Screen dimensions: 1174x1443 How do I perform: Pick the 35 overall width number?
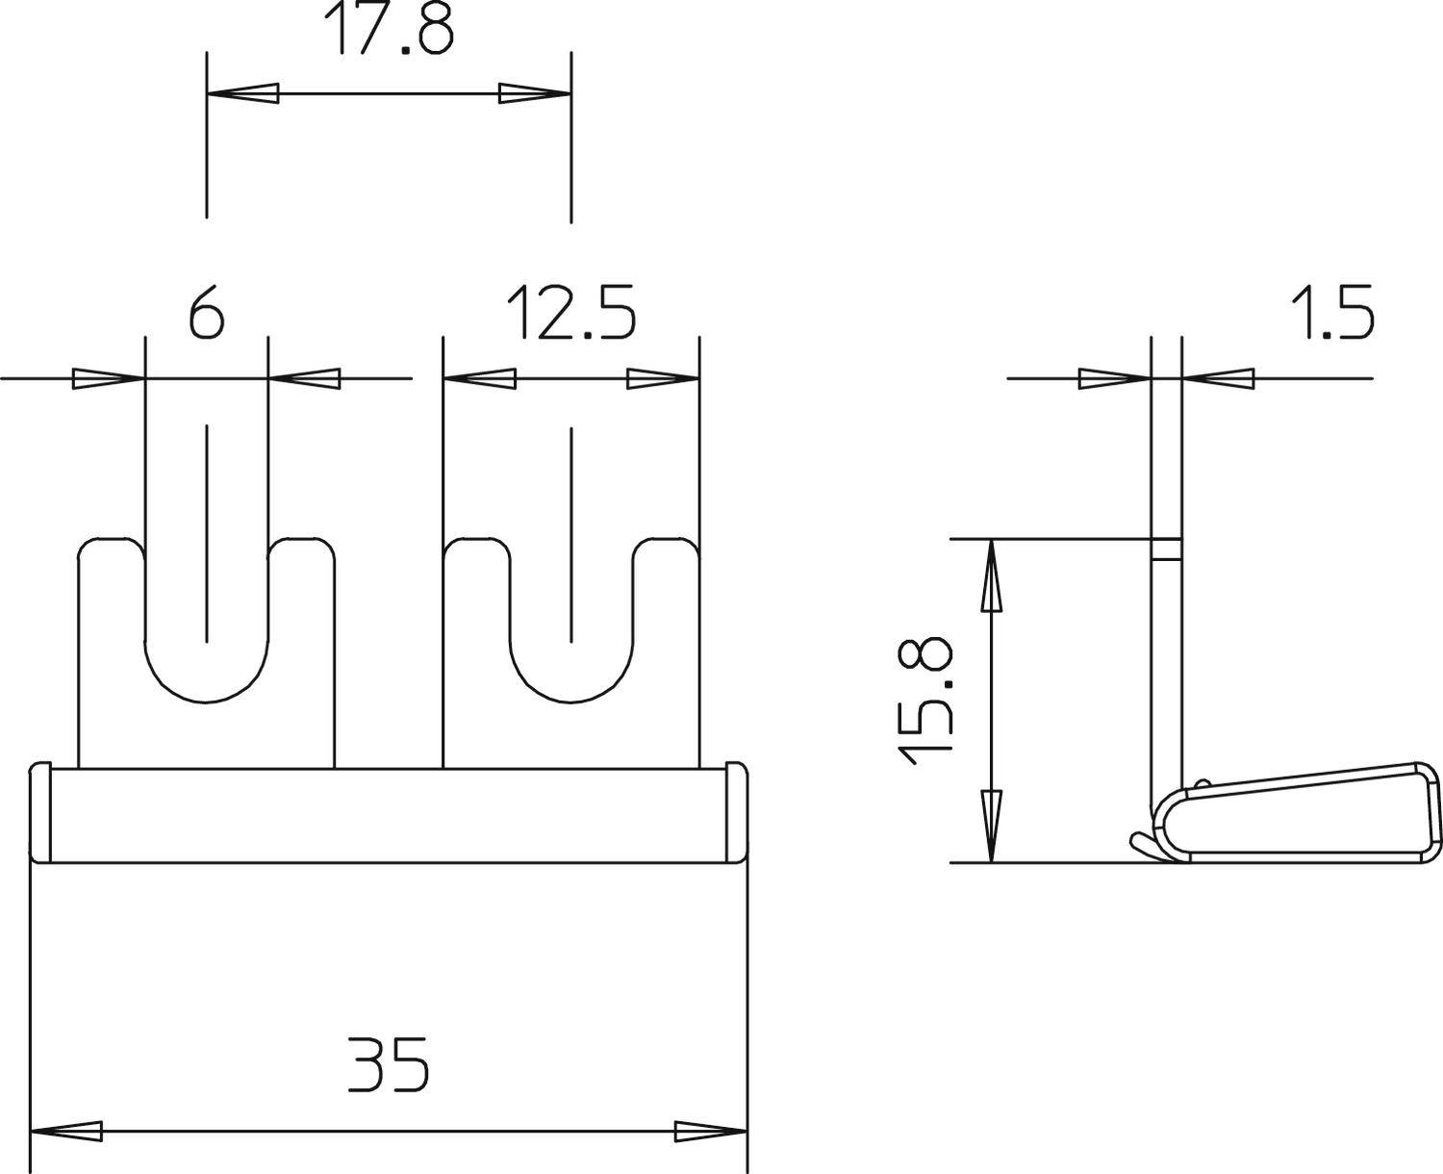(x=389, y=1063)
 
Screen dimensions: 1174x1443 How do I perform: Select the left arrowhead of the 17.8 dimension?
(x=242, y=93)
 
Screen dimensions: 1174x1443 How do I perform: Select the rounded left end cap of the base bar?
(x=40, y=814)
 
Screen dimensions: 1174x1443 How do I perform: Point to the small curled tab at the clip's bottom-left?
(x=1145, y=845)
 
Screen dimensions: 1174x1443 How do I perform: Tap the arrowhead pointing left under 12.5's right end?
(x=664, y=378)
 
